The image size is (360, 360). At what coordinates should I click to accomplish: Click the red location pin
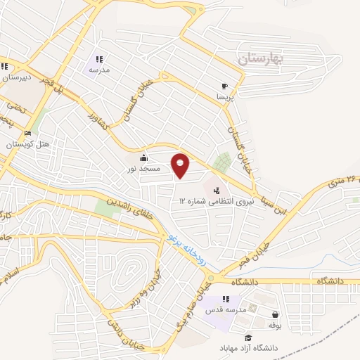coord(181,165)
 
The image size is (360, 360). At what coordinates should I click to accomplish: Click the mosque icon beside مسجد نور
coord(144,157)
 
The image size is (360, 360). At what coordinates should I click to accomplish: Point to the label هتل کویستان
coord(26,144)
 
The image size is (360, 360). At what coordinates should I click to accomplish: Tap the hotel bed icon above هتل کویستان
coord(27,133)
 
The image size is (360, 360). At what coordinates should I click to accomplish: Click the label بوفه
coord(274,326)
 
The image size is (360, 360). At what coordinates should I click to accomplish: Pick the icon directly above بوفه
coord(274,314)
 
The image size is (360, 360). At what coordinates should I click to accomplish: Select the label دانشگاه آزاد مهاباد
coord(251,348)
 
